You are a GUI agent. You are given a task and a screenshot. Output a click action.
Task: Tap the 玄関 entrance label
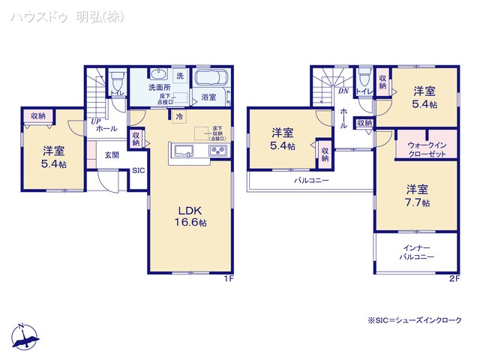[x=111, y=154]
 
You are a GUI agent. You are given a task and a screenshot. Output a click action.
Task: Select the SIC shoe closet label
[x=139, y=171]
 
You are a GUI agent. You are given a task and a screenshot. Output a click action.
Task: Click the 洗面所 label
[x=159, y=88]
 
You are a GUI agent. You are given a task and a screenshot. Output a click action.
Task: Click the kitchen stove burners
[x=218, y=151]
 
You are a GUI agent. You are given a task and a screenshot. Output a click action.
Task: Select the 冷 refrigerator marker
[x=178, y=116]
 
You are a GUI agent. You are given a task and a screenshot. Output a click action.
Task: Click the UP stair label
[x=95, y=121]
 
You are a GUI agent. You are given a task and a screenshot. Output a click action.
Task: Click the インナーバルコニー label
[x=415, y=252]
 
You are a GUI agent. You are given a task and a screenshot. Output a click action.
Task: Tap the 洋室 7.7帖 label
[x=417, y=196]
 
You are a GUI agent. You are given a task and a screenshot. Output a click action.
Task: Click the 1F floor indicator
[x=229, y=278]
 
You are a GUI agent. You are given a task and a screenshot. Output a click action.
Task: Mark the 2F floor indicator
[x=454, y=278]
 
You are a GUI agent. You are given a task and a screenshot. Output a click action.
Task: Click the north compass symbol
[x=24, y=339]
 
